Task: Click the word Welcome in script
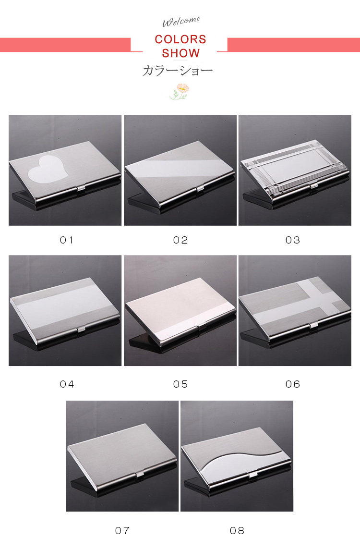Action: tap(181, 21)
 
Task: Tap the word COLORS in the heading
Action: tap(180, 39)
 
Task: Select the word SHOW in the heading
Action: tap(180, 53)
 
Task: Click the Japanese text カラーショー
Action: tap(178, 71)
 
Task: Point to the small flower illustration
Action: tap(180, 91)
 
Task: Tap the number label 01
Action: tap(66, 240)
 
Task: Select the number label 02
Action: tap(180, 240)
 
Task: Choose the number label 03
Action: tap(293, 240)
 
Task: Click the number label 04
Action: tap(67, 384)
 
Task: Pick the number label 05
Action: tap(180, 384)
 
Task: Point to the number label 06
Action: tap(293, 384)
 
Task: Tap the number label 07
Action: tap(122, 530)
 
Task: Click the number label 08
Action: tap(237, 530)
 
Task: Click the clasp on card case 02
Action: tap(201, 189)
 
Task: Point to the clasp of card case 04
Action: tap(81, 329)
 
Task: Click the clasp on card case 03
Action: tap(314, 186)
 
